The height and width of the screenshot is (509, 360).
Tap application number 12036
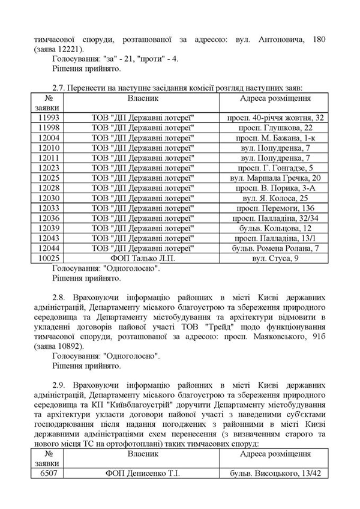[x=48, y=218]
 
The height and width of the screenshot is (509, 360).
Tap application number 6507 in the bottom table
[x=48, y=474]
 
